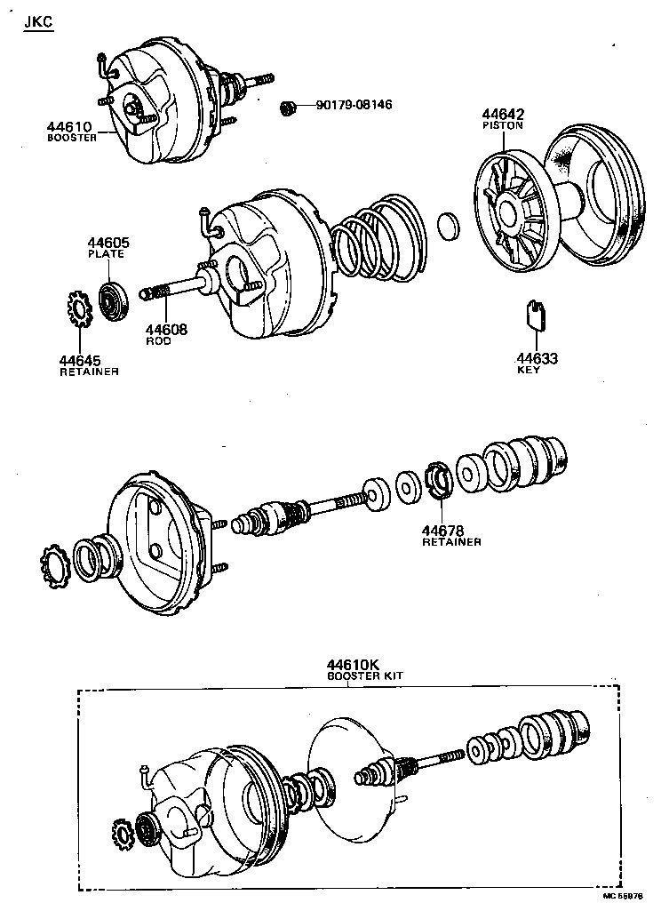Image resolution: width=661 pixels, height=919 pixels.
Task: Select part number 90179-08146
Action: [x=354, y=106]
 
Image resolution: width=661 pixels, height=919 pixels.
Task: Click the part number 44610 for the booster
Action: [x=69, y=128]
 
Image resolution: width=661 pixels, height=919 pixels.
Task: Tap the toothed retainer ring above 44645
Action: [x=78, y=308]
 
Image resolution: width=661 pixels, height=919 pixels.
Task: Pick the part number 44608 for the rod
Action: [x=166, y=330]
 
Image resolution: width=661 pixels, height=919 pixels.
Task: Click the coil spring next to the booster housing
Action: [x=378, y=236]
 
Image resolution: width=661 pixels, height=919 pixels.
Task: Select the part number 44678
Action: [x=443, y=531]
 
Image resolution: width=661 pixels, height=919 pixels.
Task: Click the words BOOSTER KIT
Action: [x=364, y=676]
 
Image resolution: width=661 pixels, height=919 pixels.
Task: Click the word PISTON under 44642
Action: [x=503, y=126]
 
